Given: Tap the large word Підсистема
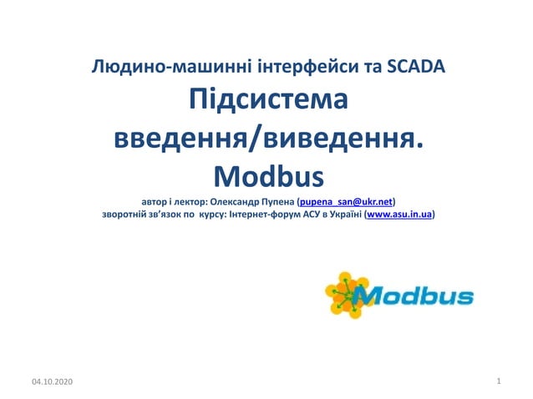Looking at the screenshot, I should coord(266,103).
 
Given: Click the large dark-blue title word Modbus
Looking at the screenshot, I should coord(266,176).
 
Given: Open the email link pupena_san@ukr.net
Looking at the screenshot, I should coord(347,202).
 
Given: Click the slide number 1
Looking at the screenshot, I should coord(498,381).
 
